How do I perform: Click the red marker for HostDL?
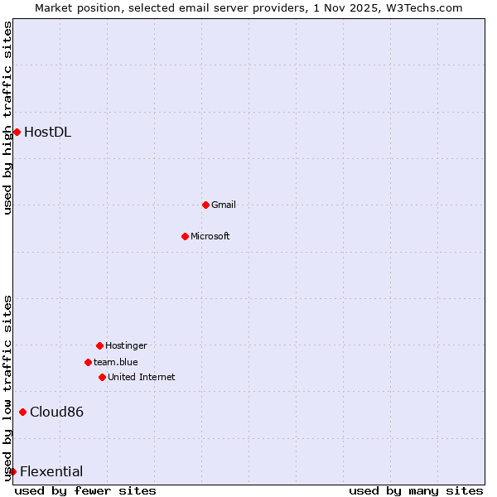(x=17, y=132)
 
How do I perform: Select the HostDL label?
(x=47, y=132)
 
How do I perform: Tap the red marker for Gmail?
(x=205, y=205)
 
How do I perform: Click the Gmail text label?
(x=224, y=205)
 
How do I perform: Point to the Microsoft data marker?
(x=185, y=236)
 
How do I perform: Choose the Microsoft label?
(x=210, y=236)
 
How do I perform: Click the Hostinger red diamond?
(x=99, y=345)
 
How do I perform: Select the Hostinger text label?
(x=126, y=345)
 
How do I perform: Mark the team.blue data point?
(x=88, y=362)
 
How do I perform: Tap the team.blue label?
(x=116, y=362)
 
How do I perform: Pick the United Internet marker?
(x=102, y=377)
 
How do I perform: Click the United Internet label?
(x=142, y=377)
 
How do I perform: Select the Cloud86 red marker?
(x=22, y=412)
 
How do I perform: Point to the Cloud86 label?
(x=56, y=412)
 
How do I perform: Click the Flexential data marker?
(x=12, y=471)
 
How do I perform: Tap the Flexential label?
(x=51, y=471)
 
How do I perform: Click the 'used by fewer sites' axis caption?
(x=85, y=490)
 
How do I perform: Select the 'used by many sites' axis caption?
(x=416, y=490)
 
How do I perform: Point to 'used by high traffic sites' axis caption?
(x=7, y=118)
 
